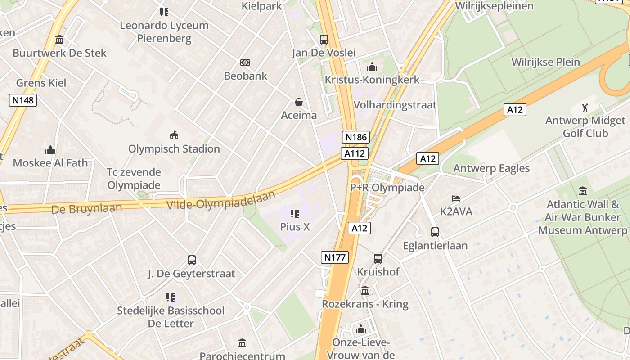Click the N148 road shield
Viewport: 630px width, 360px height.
click(23, 100)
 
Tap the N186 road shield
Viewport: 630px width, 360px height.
click(355, 137)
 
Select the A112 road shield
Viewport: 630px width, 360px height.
click(354, 153)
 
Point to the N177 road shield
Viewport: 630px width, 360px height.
click(335, 257)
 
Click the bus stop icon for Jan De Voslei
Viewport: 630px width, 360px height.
click(324, 39)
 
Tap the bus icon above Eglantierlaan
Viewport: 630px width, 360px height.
click(435, 232)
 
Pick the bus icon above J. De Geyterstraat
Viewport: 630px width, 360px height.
click(192, 260)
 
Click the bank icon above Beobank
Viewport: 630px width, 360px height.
click(245, 63)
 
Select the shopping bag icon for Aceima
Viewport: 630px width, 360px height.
click(299, 103)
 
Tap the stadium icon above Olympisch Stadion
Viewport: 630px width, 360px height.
click(174, 135)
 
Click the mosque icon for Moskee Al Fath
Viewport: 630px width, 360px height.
click(50, 149)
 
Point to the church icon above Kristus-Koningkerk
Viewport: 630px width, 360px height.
click(372, 67)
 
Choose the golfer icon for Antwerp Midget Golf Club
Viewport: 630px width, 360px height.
click(585, 107)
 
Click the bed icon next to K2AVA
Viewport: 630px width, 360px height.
click(456, 198)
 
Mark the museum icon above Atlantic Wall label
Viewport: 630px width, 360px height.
click(583, 191)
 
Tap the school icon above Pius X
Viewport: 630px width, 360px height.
click(295, 213)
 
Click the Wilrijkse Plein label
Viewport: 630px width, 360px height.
click(545, 62)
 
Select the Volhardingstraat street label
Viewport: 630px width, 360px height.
click(395, 105)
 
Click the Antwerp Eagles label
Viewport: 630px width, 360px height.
click(491, 168)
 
